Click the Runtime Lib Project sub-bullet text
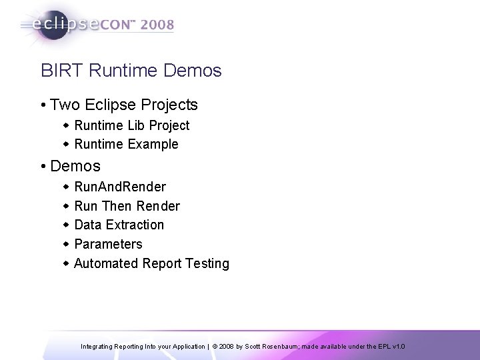point(132,125)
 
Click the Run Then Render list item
point(127,206)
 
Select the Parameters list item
point(108,244)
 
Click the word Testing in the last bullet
point(207,263)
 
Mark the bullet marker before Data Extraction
point(65,225)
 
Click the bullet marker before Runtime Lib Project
point(65,125)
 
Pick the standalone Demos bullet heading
point(75,166)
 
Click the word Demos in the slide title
point(193,70)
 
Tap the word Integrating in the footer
point(97,347)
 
